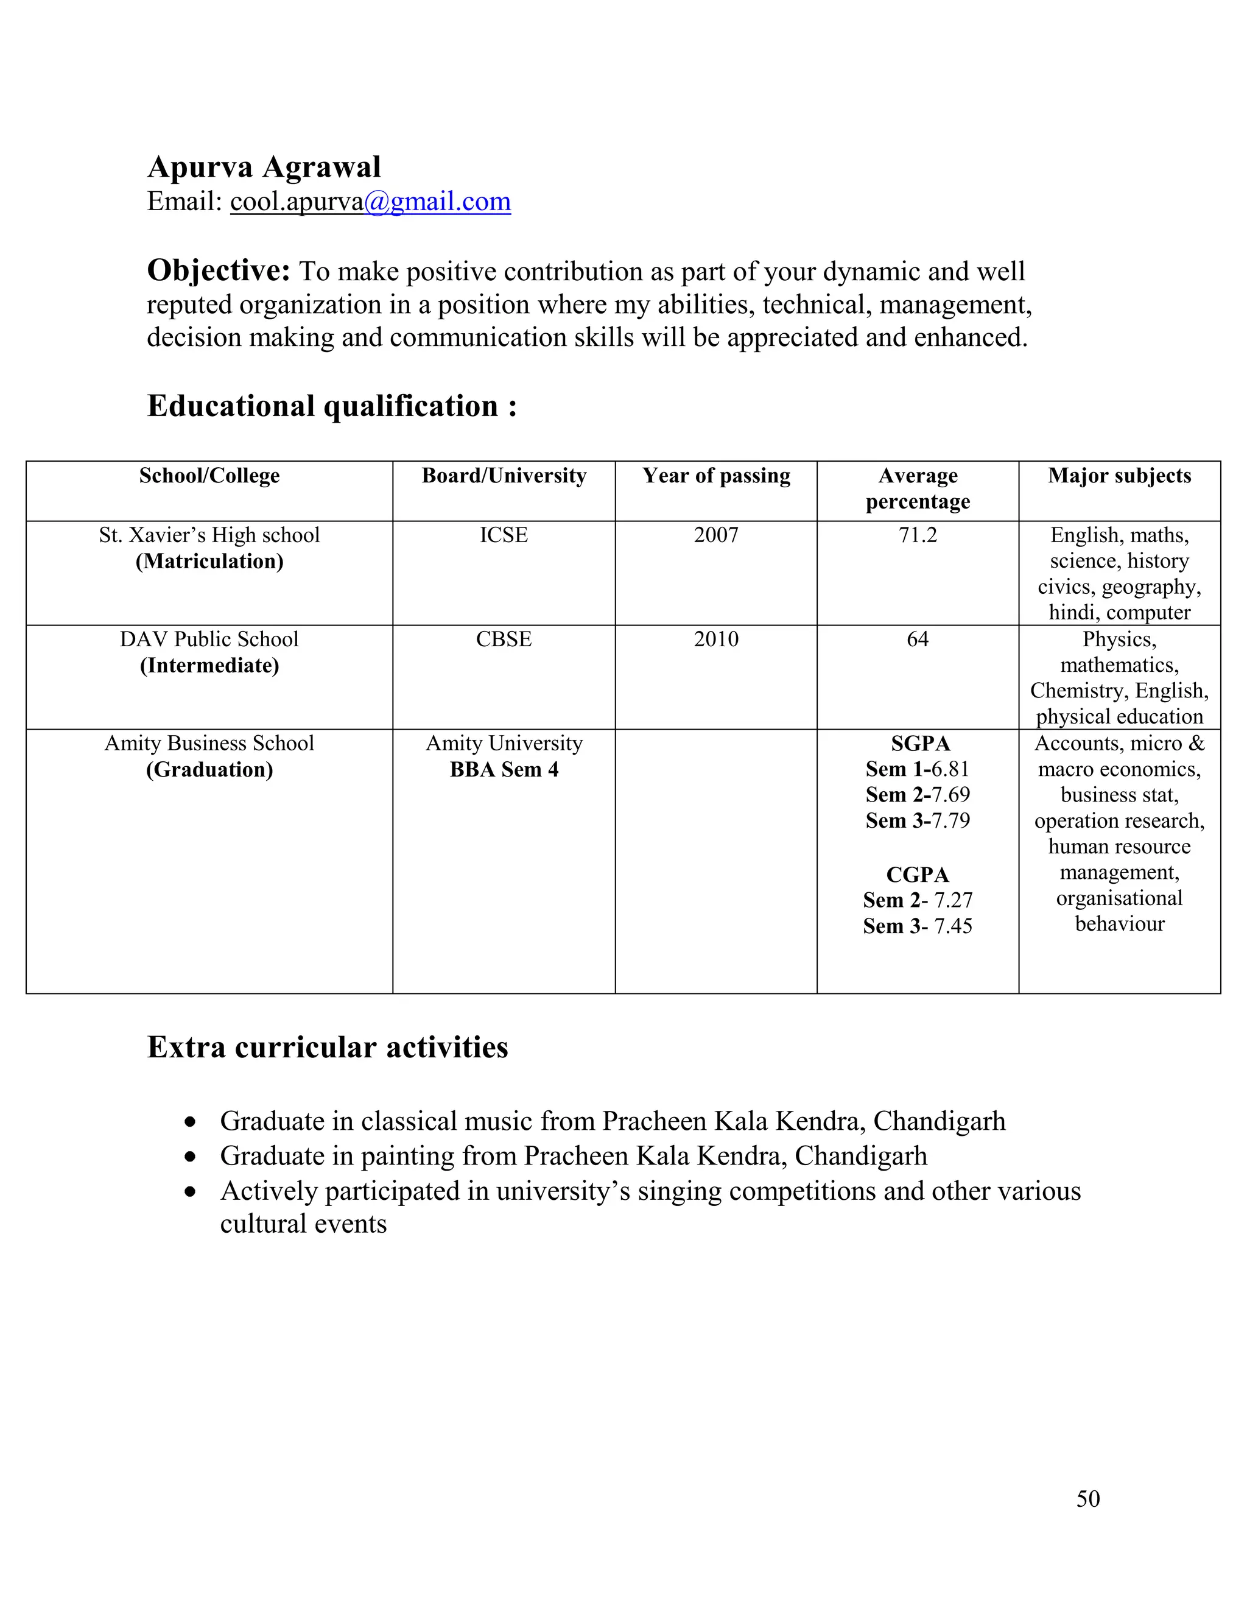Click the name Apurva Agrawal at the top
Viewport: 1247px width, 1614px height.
264,167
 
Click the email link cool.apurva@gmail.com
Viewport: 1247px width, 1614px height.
370,201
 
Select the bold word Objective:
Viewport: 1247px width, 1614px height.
219,270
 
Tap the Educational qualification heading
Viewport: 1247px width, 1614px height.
331,406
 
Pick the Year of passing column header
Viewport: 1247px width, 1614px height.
716,475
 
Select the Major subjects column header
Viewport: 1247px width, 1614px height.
1119,475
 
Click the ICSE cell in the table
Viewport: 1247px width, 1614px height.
504,534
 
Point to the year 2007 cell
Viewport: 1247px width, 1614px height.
716,534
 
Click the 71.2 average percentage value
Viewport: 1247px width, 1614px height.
918,534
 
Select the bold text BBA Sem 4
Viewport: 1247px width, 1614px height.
504,769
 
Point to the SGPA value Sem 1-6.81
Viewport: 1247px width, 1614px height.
918,769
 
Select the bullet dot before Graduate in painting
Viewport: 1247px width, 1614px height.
191,1157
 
